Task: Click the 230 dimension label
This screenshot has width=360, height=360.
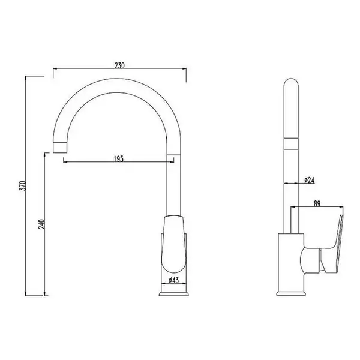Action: [119, 65]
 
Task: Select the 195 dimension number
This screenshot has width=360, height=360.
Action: [118, 158]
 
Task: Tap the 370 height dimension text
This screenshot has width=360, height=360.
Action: [23, 185]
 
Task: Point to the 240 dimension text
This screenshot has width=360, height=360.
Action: [42, 224]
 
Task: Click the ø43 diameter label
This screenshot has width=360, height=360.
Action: [173, 280]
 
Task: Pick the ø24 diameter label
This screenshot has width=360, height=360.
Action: [309, 180]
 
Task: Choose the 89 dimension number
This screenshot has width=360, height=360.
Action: [317, 203]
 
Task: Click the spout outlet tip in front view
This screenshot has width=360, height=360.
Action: [60, 147]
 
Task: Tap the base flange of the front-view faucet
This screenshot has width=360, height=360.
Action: [174, 294]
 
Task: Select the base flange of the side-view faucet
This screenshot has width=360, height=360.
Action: [291, 293]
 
